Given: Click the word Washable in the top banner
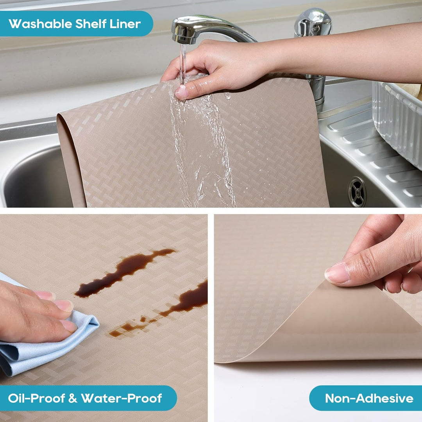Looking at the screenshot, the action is (x=40, y=24).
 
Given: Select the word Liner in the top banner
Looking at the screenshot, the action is (x=125, y=24).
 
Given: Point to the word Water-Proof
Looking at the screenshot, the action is (x=122, y=398).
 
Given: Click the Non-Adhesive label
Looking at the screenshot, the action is (x=369, y=398).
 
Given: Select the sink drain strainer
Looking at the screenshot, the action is (x=357, y=191).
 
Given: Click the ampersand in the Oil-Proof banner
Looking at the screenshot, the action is (x=72, y=398).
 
